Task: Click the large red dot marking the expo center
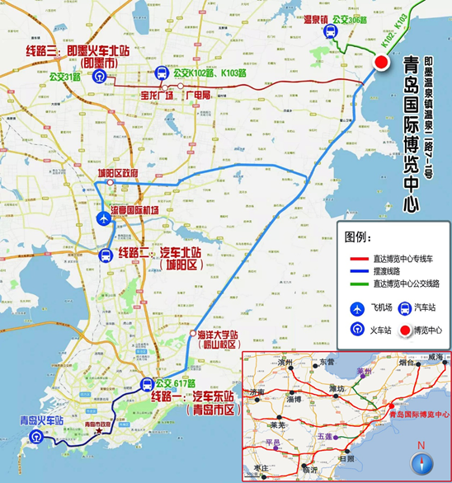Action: point(382,63)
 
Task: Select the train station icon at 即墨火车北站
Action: point(100,75)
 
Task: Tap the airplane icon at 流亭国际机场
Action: point(102,218)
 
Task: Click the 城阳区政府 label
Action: point(117,173)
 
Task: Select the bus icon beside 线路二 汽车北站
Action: point(106,255)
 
